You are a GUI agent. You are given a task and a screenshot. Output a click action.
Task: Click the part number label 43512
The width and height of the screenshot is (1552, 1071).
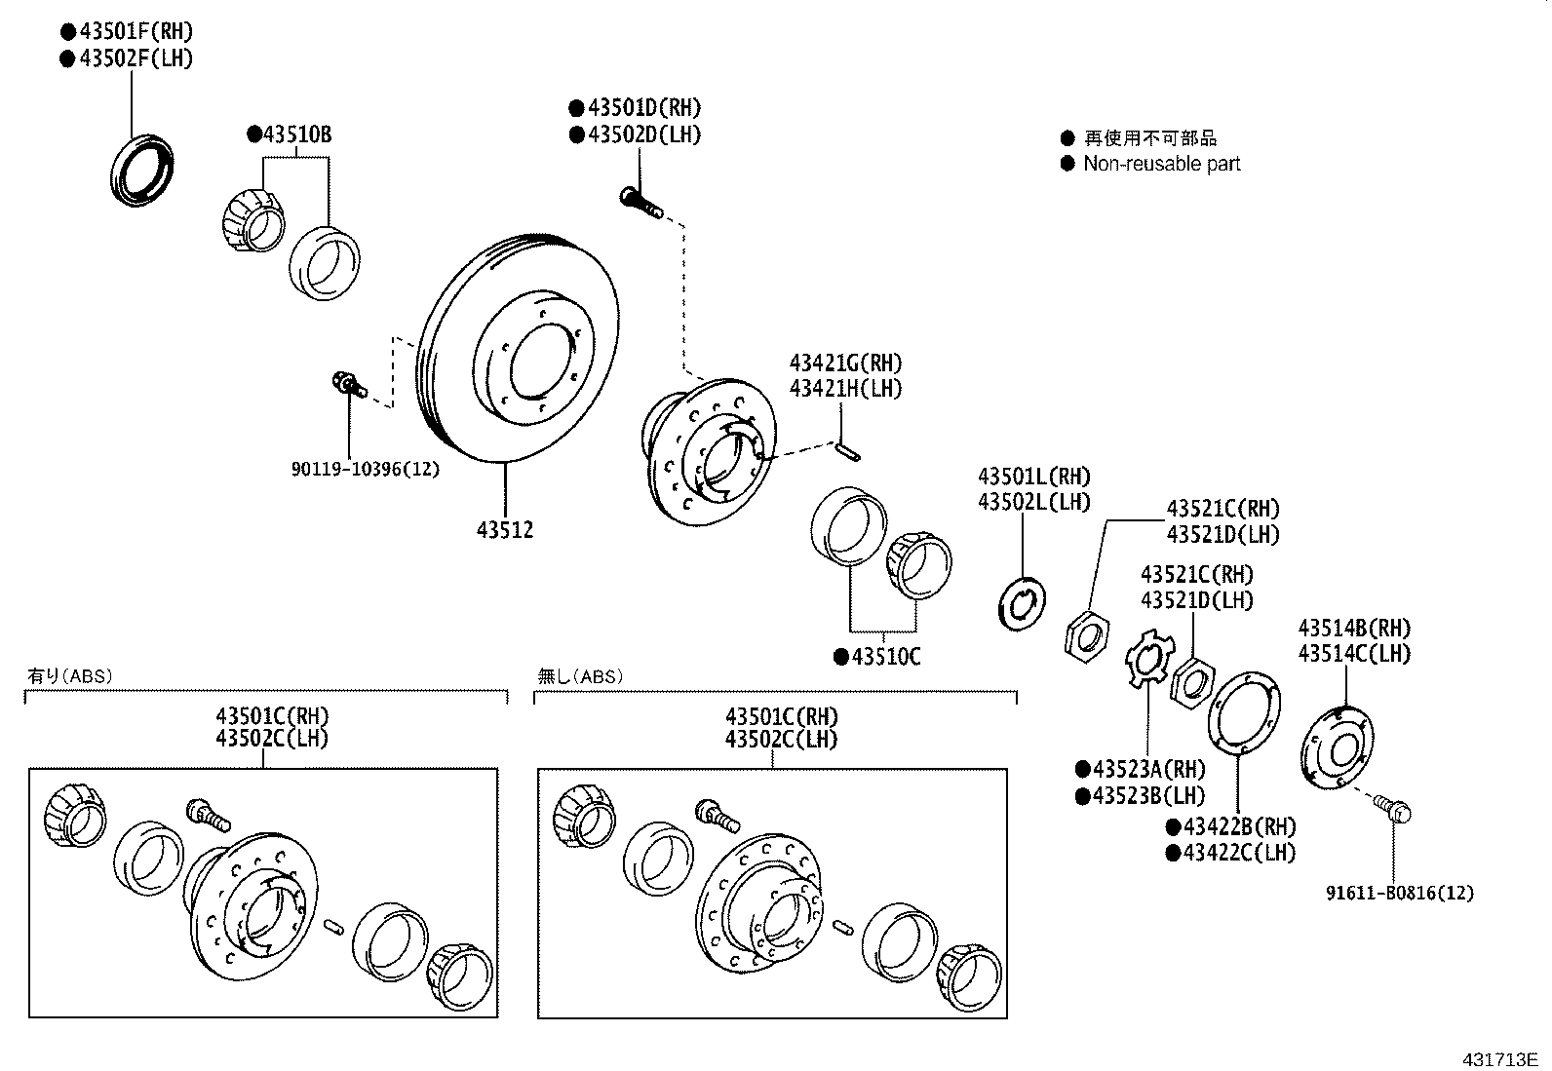point(504,530)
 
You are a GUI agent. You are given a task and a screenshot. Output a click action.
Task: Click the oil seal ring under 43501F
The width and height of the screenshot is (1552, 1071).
point(142,171)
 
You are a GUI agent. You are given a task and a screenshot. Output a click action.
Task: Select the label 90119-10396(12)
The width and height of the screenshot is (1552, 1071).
point(365,469)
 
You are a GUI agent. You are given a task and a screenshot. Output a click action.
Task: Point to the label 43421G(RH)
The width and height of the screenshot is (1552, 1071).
point(845,363)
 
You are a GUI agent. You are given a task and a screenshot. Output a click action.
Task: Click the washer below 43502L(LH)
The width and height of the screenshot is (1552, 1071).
point(1023,603)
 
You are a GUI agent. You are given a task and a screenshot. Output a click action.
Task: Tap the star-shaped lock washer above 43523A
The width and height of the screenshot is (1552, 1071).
point(1146,658)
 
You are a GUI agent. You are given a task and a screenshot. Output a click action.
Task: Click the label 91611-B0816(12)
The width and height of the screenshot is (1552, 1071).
point(1399,892)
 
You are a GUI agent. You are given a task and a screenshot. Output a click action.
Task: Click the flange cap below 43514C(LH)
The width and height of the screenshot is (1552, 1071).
point(1338,748)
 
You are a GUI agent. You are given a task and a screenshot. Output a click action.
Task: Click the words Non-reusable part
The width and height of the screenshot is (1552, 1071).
point(1161,164)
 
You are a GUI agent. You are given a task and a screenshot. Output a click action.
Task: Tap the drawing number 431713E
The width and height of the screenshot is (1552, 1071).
point(1497,1059)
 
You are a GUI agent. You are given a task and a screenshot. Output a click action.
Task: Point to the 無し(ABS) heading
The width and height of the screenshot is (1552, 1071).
point(581,675)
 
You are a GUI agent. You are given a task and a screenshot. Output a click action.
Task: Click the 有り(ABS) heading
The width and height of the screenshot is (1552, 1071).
point(69,675)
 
